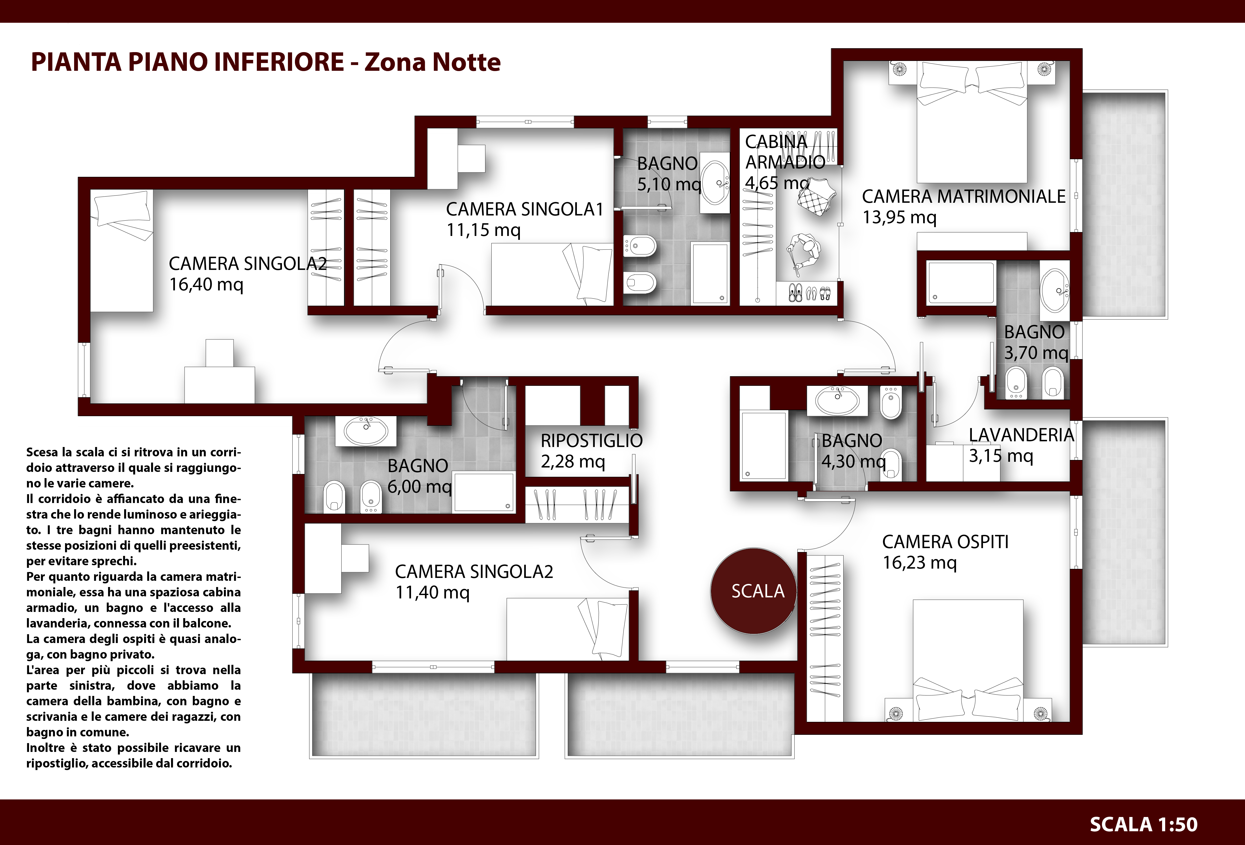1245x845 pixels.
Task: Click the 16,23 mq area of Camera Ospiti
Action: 919,563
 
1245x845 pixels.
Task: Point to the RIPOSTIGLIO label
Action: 591,441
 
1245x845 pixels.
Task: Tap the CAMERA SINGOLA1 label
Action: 525,209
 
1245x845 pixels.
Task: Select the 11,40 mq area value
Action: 432,593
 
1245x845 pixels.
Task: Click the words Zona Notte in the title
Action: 432,62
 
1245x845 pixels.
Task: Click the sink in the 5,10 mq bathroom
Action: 715,183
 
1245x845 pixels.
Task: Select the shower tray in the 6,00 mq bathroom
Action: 484,492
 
